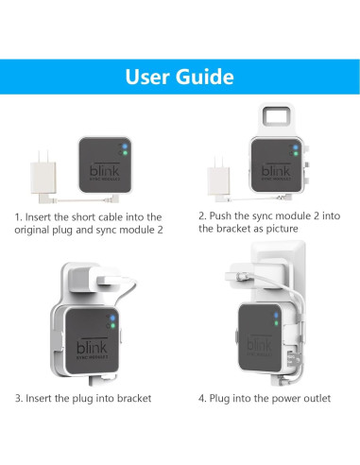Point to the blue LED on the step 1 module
coord(123,147)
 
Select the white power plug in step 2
coord(215,178)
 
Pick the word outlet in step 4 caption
coord(311,398)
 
